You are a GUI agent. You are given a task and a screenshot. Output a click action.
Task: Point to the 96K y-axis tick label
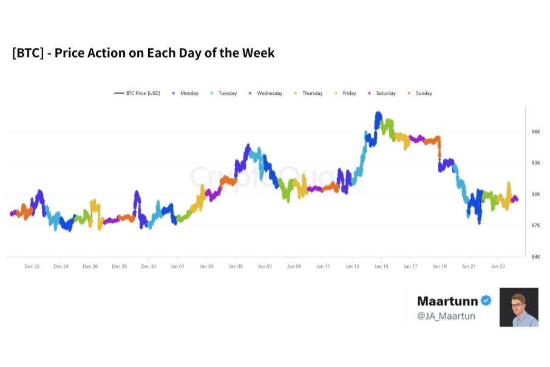click(536, 132)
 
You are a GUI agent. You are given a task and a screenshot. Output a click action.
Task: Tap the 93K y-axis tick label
click(536, 163)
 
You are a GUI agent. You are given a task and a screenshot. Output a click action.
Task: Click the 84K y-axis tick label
click(536, 257)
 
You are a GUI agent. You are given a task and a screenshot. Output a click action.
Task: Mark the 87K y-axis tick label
click(536, 225)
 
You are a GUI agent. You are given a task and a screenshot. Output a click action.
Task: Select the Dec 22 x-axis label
click(32, 266)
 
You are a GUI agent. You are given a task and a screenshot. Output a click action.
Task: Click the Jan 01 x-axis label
click(177, 266)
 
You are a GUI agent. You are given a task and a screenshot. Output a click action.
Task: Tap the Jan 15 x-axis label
click(381, 266)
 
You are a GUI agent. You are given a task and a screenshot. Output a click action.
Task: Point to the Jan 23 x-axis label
click(498, 266)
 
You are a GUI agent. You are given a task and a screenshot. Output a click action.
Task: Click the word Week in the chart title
click(259, 53)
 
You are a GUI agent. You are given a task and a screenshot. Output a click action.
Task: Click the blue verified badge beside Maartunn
click(486, 301)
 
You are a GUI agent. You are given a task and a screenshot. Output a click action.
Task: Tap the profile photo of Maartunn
click(518, 307)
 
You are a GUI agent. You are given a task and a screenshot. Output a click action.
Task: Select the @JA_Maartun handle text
click(446, 316)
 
